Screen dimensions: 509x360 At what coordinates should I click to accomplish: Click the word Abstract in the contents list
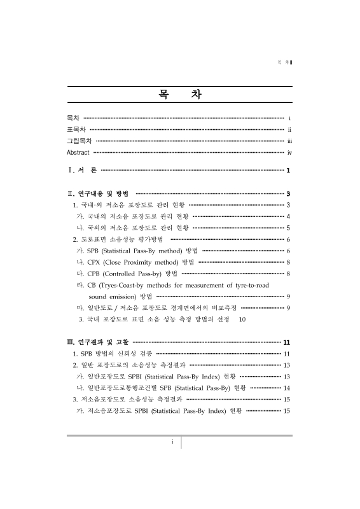pyautogui.click(x=79, y=153)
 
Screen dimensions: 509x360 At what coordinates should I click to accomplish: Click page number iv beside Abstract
pyautogui.click(x=289, y=153)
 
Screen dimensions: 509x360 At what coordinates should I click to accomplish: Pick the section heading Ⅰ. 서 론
pyautogui.click(x=83, y=171)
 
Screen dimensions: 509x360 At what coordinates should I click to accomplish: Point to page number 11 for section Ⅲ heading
pyautogui.click(x=287, y=342)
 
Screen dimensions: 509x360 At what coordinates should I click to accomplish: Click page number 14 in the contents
pyautogui.click(x=287, y=388)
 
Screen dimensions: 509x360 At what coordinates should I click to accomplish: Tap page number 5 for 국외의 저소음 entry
pyautogui.click(x=289, y=228)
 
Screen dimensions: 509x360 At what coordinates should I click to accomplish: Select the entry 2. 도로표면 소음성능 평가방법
pyautogui.click(x=118, y=239)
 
